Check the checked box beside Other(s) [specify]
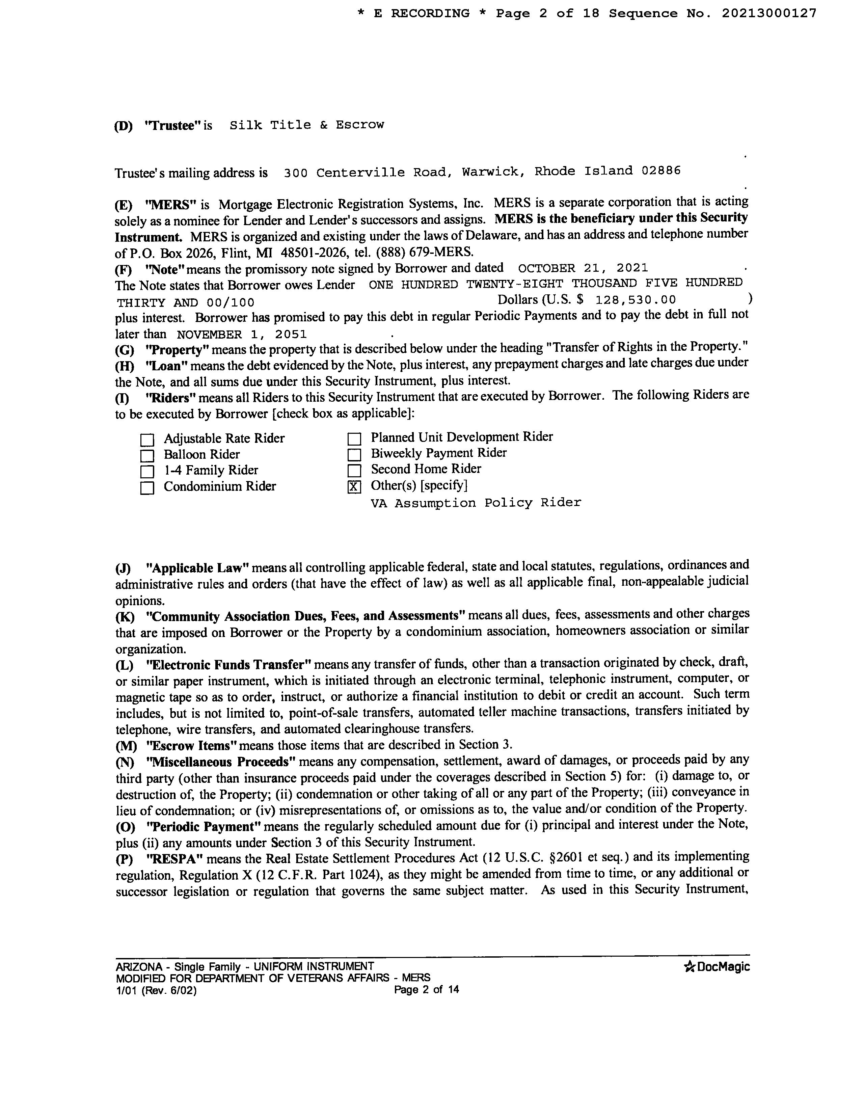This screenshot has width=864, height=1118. [x=354, y=486]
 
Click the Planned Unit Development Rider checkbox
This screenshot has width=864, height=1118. [x=354, y=439]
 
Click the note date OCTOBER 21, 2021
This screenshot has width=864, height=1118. [x=583, y=268]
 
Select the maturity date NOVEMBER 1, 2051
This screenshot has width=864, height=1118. [x=242, y=335]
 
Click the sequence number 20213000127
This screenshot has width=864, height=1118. [x=769, y=14]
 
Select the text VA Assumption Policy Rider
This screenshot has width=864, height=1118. [x=476, y=503]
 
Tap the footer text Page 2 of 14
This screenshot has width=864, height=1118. [x=426, y=989]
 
